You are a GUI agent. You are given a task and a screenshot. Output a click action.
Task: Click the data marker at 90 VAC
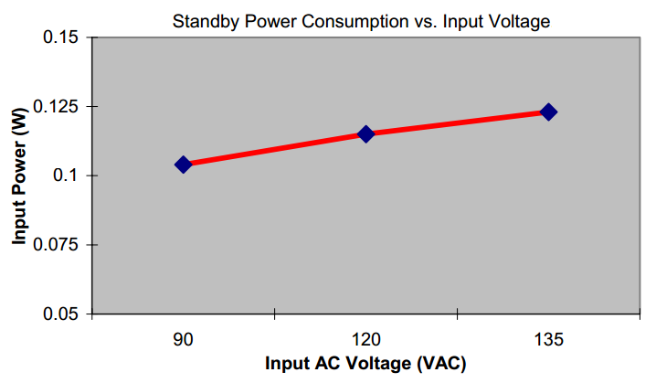tap(183, 165)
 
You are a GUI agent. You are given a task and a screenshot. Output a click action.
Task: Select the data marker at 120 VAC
tap(365, 134)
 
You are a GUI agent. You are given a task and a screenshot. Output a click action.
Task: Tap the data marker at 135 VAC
tap(548, 112)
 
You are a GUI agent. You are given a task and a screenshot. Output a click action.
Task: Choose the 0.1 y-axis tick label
tap(71, 176)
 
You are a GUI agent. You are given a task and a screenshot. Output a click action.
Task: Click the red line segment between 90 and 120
tap(274, 149)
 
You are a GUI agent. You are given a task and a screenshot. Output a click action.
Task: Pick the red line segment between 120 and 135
tap(457, 123)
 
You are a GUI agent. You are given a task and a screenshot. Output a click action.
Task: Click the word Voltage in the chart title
tap(520, 20)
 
